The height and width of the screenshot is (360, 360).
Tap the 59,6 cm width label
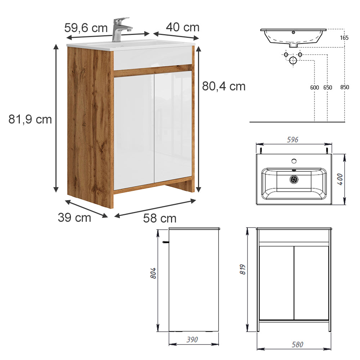86,27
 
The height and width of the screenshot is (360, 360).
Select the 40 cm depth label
183,27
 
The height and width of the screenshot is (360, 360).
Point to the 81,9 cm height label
30,119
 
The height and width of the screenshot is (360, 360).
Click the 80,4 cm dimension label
224,86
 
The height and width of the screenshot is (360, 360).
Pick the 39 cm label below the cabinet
75,217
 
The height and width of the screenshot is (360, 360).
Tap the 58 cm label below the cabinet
160,218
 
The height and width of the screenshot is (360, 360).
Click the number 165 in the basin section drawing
344,38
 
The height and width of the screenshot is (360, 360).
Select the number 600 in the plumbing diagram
314,87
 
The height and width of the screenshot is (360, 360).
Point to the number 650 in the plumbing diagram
328,87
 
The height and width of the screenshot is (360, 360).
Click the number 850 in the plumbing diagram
345,87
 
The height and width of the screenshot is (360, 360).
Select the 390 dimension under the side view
193,339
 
